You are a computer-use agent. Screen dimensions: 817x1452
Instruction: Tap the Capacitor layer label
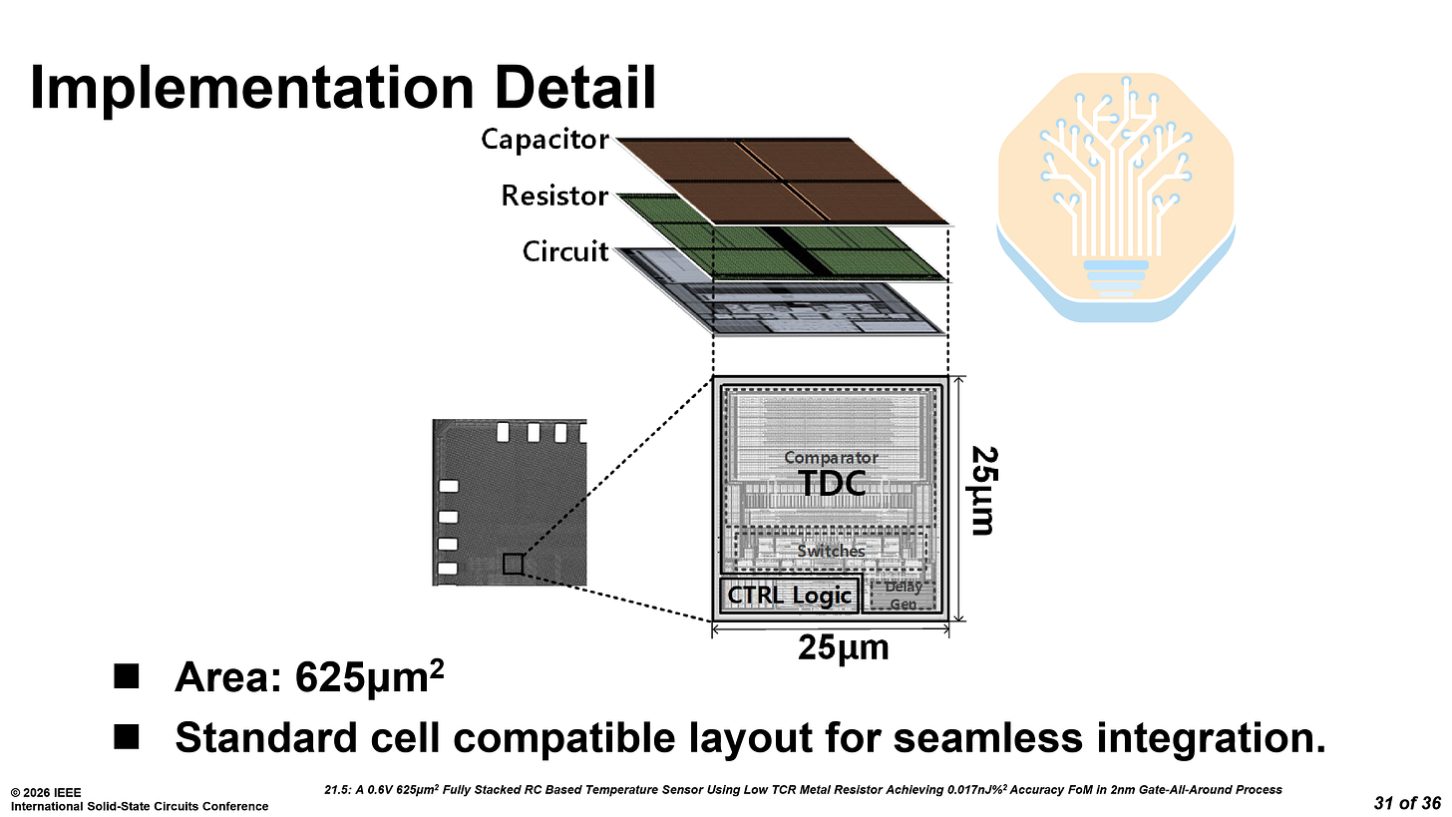coord(544,139)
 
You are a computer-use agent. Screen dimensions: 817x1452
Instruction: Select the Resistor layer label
coord(554,197)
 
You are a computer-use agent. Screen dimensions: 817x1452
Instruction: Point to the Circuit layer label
coord(565,252)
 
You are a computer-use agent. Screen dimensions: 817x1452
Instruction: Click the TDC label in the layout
coord(831,484)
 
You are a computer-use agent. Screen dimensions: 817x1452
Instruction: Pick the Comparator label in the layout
coord(831,458)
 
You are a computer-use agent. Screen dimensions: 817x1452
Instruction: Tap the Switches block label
coord(831,551)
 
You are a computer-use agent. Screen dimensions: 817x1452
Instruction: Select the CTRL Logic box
coord(789,596)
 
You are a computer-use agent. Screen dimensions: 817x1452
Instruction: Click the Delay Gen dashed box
coord(903,594)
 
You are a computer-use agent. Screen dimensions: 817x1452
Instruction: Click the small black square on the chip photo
coord(513,564)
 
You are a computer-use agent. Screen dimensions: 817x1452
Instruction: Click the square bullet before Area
coord(127,679)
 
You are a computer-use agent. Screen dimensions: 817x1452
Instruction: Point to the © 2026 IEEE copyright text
coord(47,793)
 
